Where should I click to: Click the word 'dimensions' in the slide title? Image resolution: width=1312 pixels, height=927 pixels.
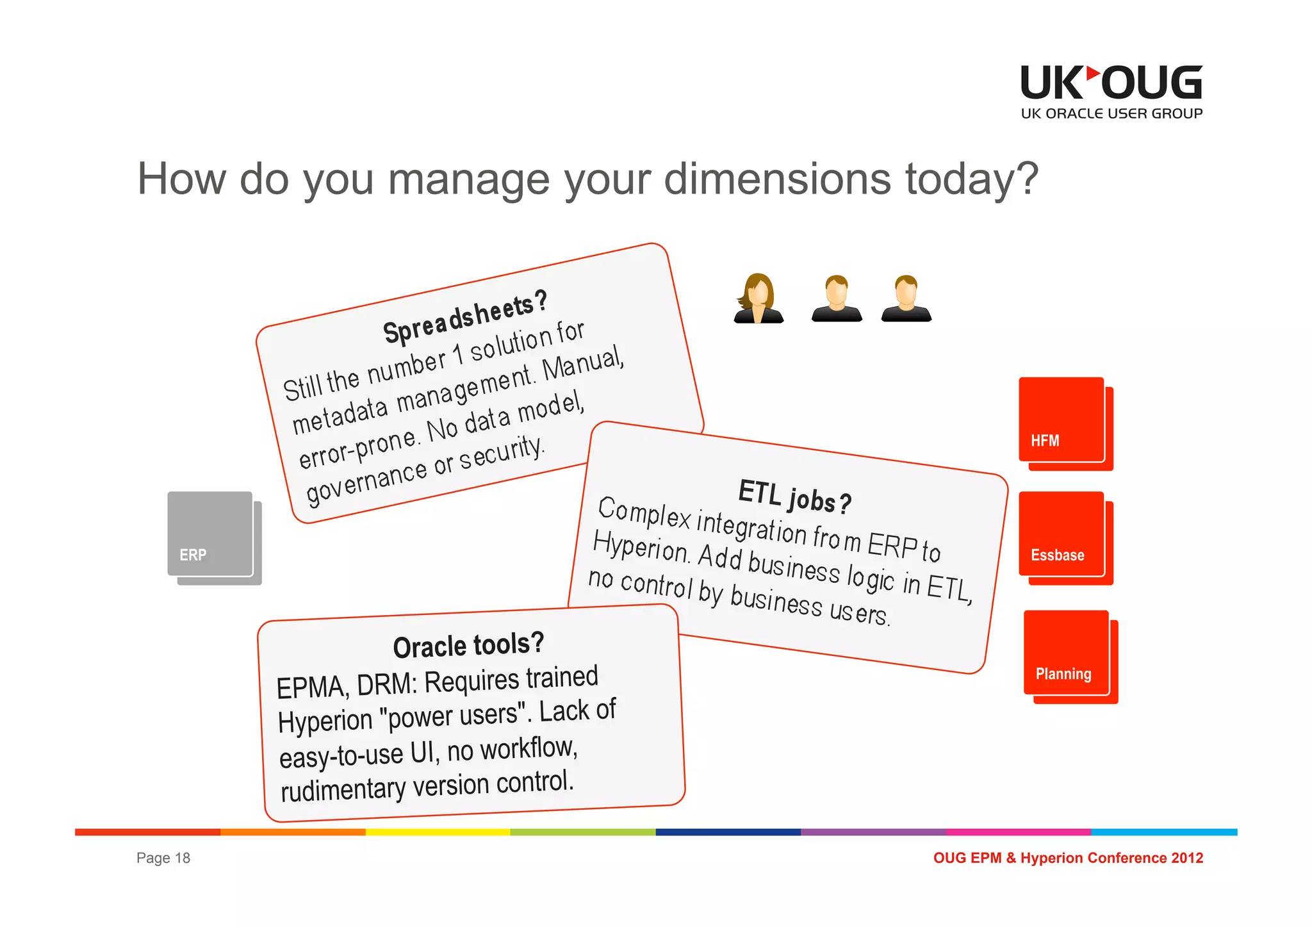coord(777,179)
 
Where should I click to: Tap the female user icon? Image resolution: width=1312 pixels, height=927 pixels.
coord(758,299)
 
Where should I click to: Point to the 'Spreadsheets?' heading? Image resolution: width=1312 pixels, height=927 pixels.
coord(465,317)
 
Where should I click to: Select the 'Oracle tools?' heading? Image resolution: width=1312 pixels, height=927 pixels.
coord(468,645)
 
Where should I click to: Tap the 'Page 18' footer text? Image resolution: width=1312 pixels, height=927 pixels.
coord(163,858)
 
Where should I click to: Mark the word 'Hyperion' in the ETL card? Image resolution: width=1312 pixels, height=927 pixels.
coord(640,548)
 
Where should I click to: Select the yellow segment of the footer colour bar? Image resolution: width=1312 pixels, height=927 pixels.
coord(438,832)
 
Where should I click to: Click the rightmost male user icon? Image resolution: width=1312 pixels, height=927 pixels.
coord(906,299)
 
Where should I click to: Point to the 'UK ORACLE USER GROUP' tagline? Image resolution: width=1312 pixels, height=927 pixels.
coord(1111,114)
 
